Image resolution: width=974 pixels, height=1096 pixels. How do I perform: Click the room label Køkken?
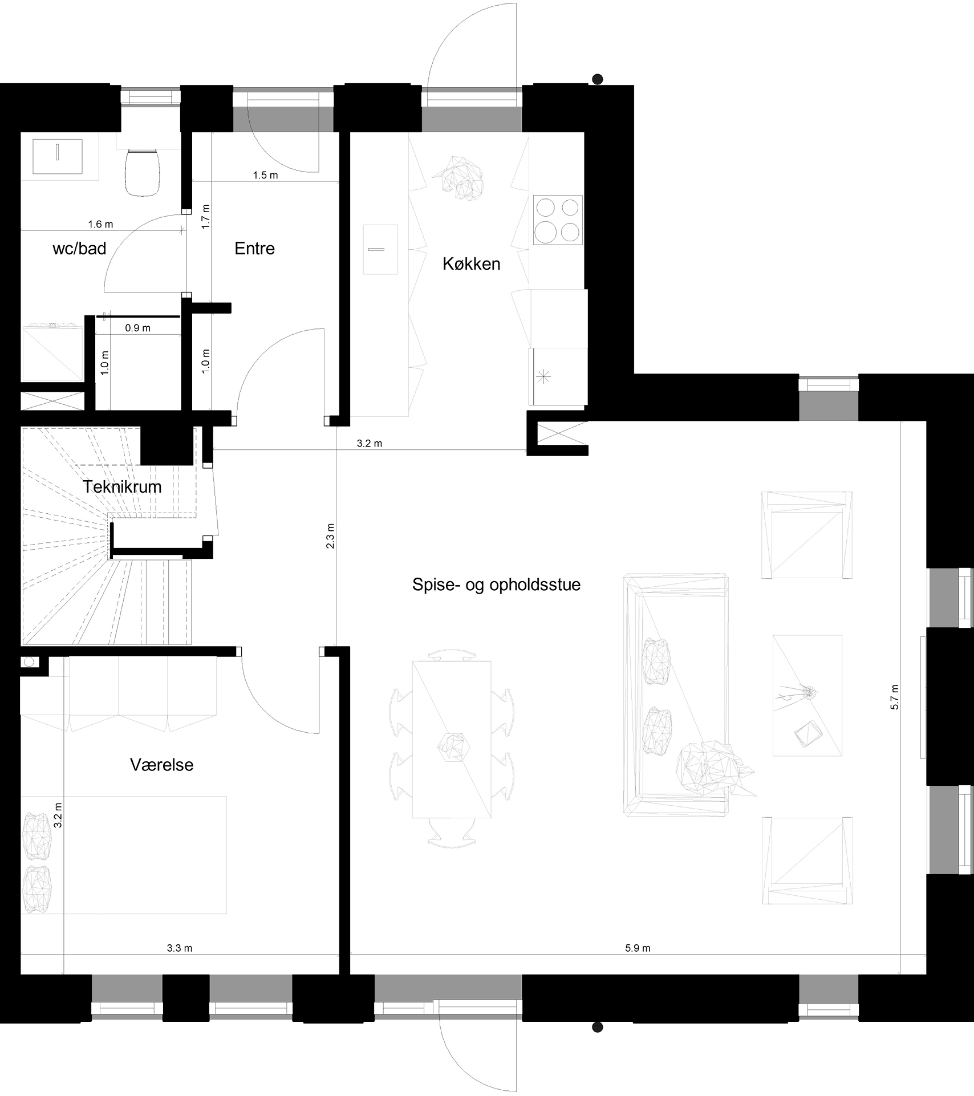coord(472,264)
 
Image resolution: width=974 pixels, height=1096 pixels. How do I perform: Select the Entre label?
coord(255,248)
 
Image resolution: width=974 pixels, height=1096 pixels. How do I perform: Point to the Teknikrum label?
coord(122,486)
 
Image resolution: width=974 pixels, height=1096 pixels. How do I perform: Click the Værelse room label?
coord(162,764)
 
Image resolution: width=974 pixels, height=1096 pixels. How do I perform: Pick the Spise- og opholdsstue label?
coord(496,585)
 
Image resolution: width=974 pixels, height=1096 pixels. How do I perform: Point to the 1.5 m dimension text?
coord(265,175)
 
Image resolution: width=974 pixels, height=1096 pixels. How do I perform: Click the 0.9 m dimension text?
coord(137,328)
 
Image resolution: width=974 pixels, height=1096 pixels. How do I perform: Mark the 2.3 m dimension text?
coord(330,536)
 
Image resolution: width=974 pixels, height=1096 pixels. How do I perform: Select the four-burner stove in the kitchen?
coord(558,220)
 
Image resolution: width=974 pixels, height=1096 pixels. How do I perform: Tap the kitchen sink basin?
coord(380,249)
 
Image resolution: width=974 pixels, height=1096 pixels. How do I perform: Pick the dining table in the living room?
coord(452,739)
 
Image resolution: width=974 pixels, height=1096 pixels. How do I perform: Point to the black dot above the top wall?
coord(597,79)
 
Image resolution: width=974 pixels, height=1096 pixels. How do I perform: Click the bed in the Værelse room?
coord(124,855)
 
